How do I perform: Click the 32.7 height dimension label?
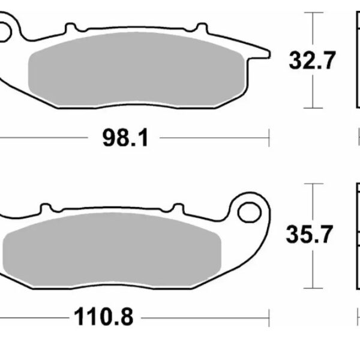312,61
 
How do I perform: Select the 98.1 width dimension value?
125,138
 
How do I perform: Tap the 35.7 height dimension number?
309,234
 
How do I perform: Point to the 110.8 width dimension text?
104,317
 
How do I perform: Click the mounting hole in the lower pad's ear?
250,212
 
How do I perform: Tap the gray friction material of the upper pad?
137,69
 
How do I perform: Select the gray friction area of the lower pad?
112,250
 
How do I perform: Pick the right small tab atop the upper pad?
202,28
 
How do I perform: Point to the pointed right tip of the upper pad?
269,55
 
